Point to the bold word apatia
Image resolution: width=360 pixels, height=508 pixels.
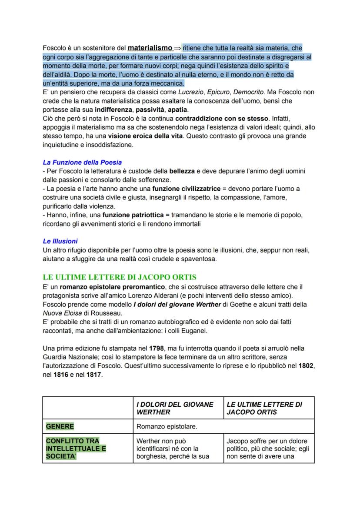tap(178, 110)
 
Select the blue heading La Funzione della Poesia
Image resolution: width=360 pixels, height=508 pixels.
tap(82, 163)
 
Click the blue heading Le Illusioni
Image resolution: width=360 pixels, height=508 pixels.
tap(60, 241)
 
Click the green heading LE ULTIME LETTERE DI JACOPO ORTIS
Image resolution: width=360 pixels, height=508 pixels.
tap(120, 277)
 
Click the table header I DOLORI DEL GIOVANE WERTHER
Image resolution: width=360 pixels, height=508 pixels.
tap(175, 408)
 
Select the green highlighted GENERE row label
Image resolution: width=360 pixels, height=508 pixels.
tap(60, 426)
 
